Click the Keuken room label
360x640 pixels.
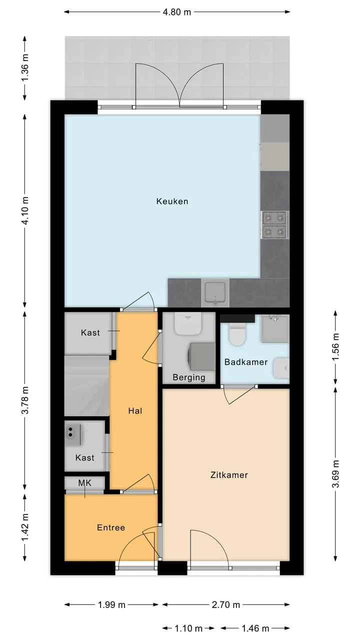172,201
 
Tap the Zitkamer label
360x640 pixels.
229,475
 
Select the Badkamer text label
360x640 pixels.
246,362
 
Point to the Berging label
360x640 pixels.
189,377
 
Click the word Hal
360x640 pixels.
135,411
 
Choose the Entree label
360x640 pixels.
111,527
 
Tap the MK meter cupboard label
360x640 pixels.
85,483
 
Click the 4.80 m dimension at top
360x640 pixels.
177,12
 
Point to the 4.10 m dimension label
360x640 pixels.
25,210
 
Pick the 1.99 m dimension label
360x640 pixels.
111,604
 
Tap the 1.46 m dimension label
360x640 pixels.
255,628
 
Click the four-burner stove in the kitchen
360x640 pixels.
274,225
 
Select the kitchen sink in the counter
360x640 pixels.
215,292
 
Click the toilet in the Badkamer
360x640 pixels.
237,333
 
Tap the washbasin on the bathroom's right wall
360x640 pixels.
281,368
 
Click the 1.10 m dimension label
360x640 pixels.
188,628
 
